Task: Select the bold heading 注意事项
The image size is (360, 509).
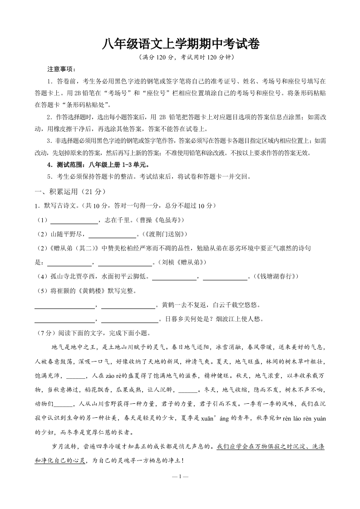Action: click(62, 69)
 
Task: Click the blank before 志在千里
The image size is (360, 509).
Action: click(74, 221)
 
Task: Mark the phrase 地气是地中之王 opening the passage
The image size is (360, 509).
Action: click(76, 347)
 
